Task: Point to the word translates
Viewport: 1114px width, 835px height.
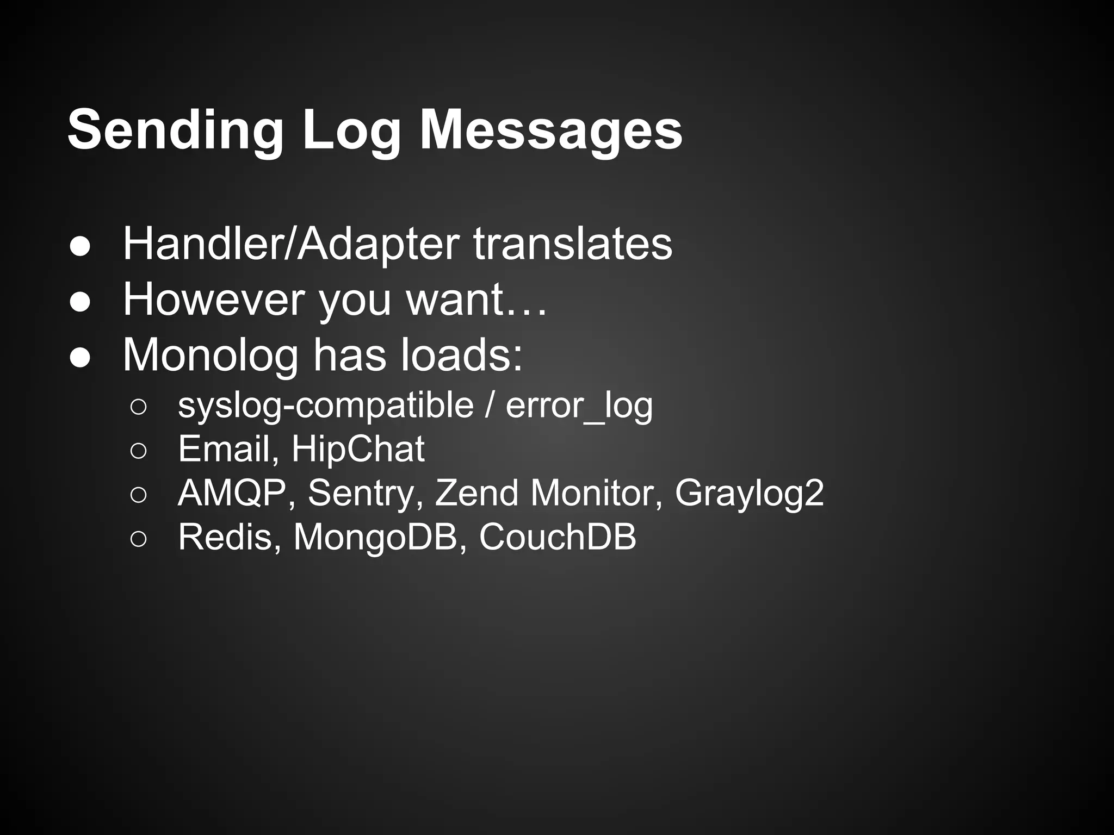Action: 572,244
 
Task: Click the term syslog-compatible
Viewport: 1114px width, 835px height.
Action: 326,406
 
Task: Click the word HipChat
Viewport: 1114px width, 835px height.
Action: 358,449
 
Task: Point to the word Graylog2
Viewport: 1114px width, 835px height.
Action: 749,493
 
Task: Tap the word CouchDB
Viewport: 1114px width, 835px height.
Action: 557,537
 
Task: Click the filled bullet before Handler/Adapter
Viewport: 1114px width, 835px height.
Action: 80,246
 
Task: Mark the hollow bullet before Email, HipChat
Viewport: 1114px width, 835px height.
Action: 138,451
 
